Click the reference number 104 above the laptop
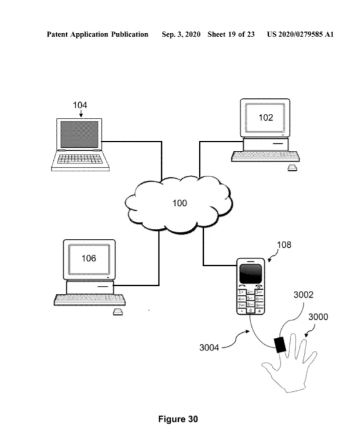80,105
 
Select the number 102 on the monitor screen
266,118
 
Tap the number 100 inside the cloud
179,203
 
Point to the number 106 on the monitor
89,258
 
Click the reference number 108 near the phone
284,245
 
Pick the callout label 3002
303,295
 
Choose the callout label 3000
318,317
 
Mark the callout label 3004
209,348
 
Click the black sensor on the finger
279,345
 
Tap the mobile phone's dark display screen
251,274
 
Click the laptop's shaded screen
79,134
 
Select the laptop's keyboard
80,159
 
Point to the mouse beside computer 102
292,168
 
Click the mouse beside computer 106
117,312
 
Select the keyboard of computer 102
266,156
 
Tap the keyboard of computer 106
89,300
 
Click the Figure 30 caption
178,419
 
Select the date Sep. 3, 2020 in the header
181,34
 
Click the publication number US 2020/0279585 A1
300,34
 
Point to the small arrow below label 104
81,114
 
